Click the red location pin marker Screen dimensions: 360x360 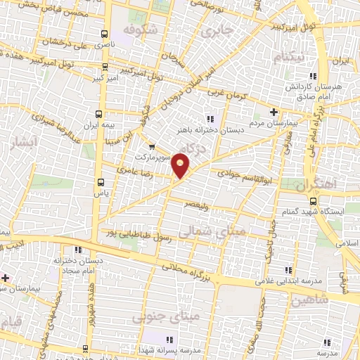point(181,166)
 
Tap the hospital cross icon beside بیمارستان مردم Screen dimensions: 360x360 point(274,112)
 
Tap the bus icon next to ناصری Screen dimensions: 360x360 point(105,34)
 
